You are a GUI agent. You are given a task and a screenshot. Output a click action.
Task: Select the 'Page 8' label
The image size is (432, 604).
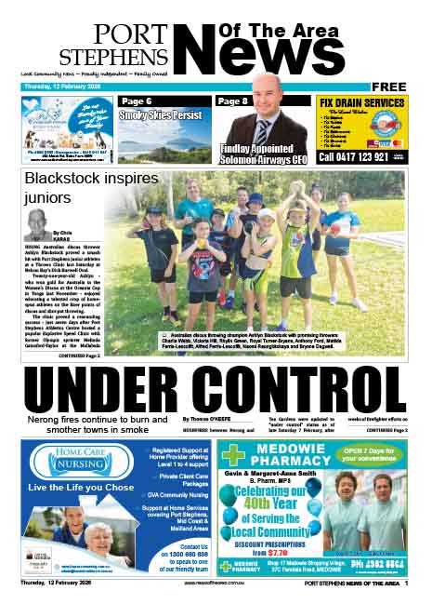(x=232, y=101)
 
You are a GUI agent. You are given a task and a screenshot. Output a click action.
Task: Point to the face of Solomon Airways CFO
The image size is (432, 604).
(x=266, y=99)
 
